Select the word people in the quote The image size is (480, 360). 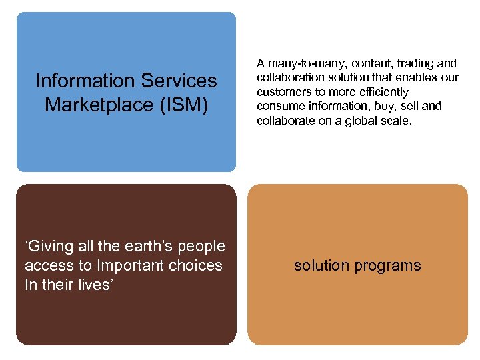pos(203,246)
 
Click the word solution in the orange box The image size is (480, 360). pos(321,265)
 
